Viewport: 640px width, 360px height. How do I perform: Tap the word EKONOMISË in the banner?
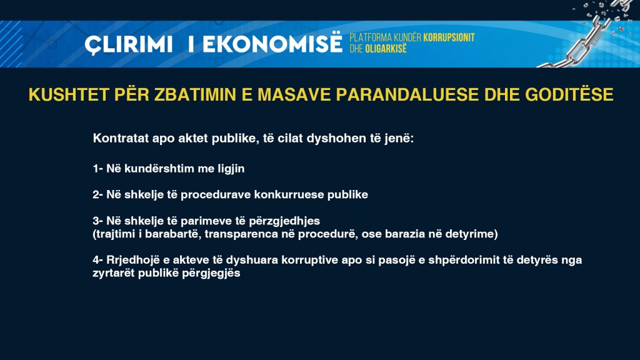point(272,43)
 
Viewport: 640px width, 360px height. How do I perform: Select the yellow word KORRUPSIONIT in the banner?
point(449,37)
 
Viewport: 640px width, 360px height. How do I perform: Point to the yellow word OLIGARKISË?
point(386,49)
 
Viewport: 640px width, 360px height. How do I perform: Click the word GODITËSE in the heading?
point(569,94)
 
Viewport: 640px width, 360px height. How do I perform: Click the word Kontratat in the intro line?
point(121,138)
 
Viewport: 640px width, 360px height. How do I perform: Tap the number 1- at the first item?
point(98,168)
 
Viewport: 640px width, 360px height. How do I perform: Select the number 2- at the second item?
point(98,194)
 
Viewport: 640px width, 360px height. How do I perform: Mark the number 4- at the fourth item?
point(98,260)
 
